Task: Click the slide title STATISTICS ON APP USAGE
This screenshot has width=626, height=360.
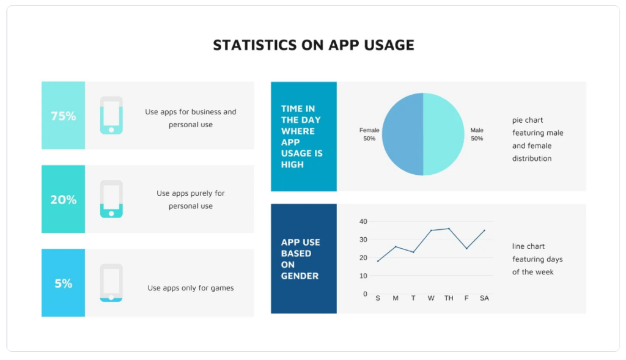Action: (313, 45)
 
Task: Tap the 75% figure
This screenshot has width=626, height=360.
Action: (63, 116)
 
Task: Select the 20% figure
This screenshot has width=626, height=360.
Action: (63, 199)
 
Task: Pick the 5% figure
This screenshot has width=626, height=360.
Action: (63, 283)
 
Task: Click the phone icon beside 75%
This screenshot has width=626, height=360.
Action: (111, 116)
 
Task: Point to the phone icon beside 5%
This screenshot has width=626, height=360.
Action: (111, 283)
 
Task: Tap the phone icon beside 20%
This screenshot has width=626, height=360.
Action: (111, 199)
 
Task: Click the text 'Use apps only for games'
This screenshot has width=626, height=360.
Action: (190, 288)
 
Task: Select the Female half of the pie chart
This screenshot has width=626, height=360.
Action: (402, 134)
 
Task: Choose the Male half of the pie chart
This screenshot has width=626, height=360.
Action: (444, 134)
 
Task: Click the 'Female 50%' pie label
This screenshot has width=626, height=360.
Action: (369, 134)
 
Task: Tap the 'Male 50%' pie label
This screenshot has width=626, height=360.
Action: (477, 134)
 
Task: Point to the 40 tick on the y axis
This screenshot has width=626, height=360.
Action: (363, 221)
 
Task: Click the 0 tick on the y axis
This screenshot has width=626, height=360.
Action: (365, 294)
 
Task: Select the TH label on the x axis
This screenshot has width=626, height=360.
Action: (449, 298)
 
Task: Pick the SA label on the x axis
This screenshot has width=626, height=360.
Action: (484, 298)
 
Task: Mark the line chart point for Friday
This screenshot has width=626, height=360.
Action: (466, 248)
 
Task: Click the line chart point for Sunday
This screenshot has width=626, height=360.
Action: (378, 261)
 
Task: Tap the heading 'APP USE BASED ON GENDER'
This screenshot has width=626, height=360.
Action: (301, 259)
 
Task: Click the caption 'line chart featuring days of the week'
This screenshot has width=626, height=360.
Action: (537, 259)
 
